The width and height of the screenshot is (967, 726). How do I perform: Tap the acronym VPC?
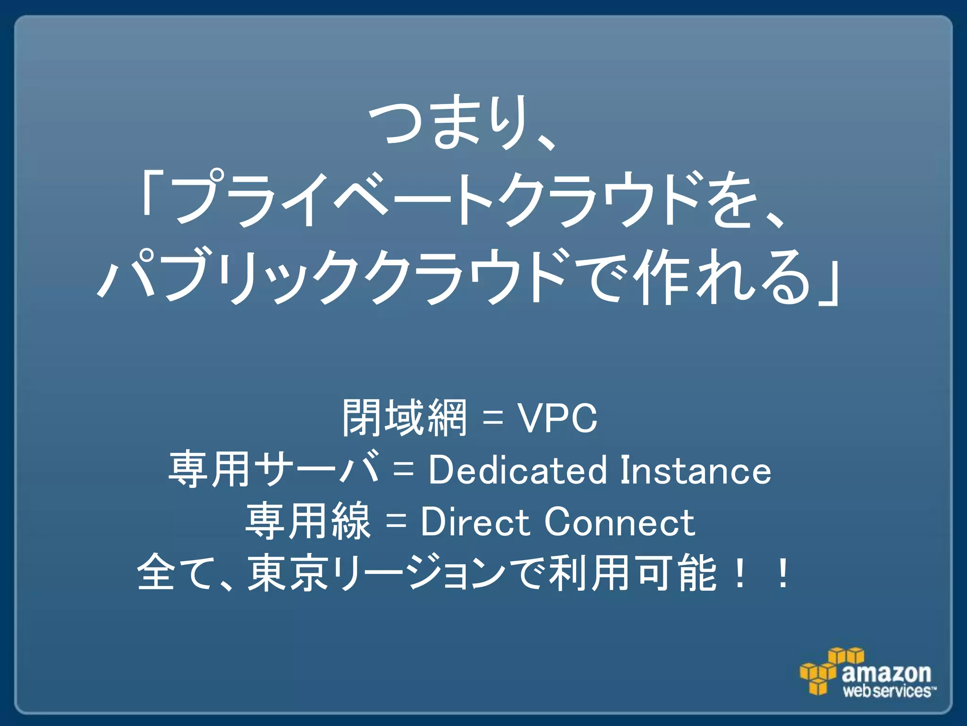pos(558,418)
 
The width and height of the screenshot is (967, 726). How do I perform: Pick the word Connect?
pos(619,522)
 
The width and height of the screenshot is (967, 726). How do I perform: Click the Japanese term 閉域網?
pos(404,418)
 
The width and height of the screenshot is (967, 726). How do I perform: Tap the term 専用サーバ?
pos(274,470)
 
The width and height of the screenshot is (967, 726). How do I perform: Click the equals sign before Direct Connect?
pos(396,523)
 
